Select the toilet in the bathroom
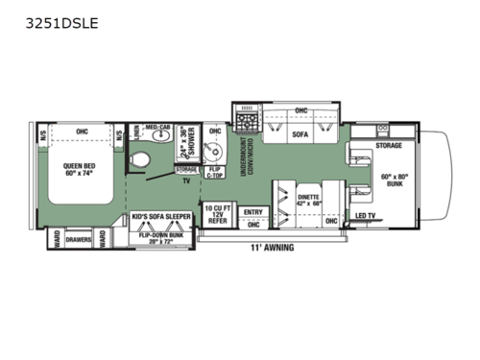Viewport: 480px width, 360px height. point(141,158)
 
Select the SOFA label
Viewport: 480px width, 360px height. point(300,134)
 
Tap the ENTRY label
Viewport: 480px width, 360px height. point(252,212)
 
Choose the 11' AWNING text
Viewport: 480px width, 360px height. point(273,248)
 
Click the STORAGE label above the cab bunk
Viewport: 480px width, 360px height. point(389,146)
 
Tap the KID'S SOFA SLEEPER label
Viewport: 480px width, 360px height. point(161,218)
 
